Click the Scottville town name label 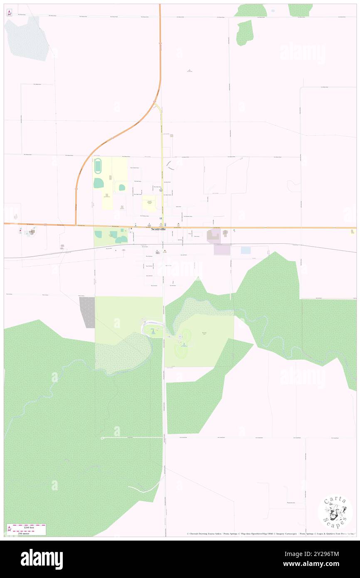158,229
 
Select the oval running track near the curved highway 98,166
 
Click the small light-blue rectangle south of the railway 246,250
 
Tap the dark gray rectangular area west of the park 88,312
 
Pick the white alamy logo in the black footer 42,559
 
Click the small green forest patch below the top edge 245,32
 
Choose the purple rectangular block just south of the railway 222,249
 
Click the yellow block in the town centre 149,203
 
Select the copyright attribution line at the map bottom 270,534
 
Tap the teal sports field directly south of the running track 99,183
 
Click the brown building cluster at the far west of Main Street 31,232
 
